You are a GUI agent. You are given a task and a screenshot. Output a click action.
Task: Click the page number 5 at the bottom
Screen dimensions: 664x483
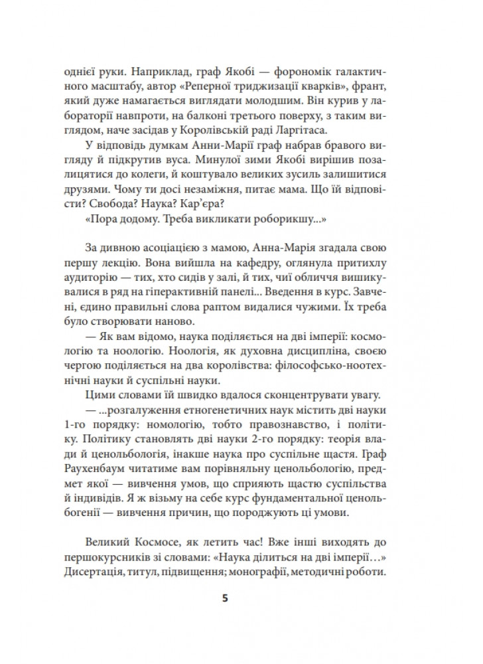(225, 598)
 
